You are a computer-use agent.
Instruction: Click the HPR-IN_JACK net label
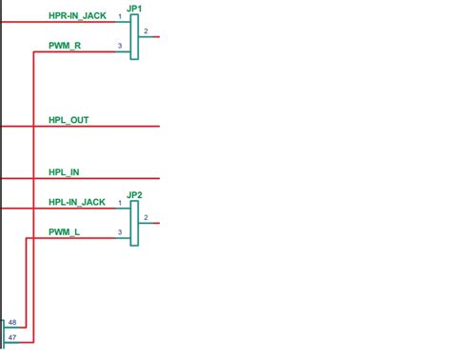point(76,16)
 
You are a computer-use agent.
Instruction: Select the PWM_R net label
point(64,46)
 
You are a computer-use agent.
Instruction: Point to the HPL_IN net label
point(64,172)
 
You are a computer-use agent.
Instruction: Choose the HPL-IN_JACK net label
point(76,202)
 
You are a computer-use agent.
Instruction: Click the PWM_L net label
point(64,231)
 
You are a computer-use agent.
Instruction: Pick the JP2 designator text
point(134,195)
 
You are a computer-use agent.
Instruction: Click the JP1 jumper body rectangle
point(135,37)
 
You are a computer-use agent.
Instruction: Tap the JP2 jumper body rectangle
point(135,224)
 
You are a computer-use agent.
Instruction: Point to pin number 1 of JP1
point(120,17)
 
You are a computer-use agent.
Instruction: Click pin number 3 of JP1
point(120,46)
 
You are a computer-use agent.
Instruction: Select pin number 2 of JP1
point(146,31)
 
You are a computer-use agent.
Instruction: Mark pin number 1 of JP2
point(120,203)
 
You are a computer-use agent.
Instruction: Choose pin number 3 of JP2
point(120,232)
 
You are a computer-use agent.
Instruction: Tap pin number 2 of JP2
point(146,218)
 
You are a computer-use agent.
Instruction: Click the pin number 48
point(11,324)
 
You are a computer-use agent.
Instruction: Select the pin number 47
point(11,337)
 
